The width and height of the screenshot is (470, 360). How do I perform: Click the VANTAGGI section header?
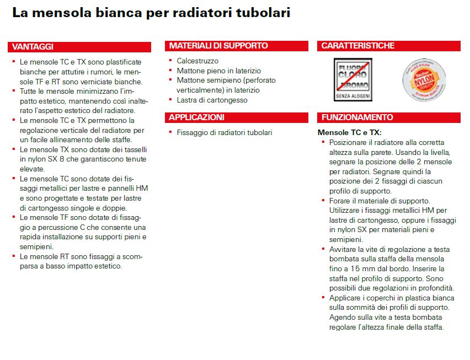click(33, 47)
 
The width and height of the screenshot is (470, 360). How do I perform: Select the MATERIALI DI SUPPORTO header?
click(218, 46)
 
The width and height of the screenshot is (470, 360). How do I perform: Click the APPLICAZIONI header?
click(197, 117)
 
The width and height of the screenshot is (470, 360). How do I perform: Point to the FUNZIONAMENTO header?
click(357, 117)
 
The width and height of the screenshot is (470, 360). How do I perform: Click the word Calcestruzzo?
click(197, 61)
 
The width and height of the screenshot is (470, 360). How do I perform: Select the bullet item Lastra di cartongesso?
click(212, 100)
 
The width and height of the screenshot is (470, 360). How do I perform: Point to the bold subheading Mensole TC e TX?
click(349, 133)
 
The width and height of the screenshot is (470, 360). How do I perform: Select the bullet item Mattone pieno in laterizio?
click(218, 71)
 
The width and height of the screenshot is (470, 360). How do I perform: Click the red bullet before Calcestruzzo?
click(170, 61)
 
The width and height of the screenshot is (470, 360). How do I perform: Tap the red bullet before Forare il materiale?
click(323, 200)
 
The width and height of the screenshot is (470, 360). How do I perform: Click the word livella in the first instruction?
click(440, 152)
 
